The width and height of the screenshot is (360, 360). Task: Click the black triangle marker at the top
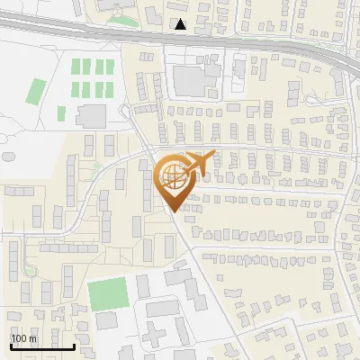(181, 24)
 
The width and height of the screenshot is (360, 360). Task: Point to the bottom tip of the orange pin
(172, 212)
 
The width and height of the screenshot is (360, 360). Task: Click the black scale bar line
(42, 346)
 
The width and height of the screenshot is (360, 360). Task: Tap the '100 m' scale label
(24, 338)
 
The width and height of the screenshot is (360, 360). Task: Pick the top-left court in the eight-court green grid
(76, 67)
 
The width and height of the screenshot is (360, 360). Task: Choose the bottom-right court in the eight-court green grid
(111, 89)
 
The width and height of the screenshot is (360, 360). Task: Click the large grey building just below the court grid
(91, 116)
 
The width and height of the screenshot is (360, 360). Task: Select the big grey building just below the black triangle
(190, 79)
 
